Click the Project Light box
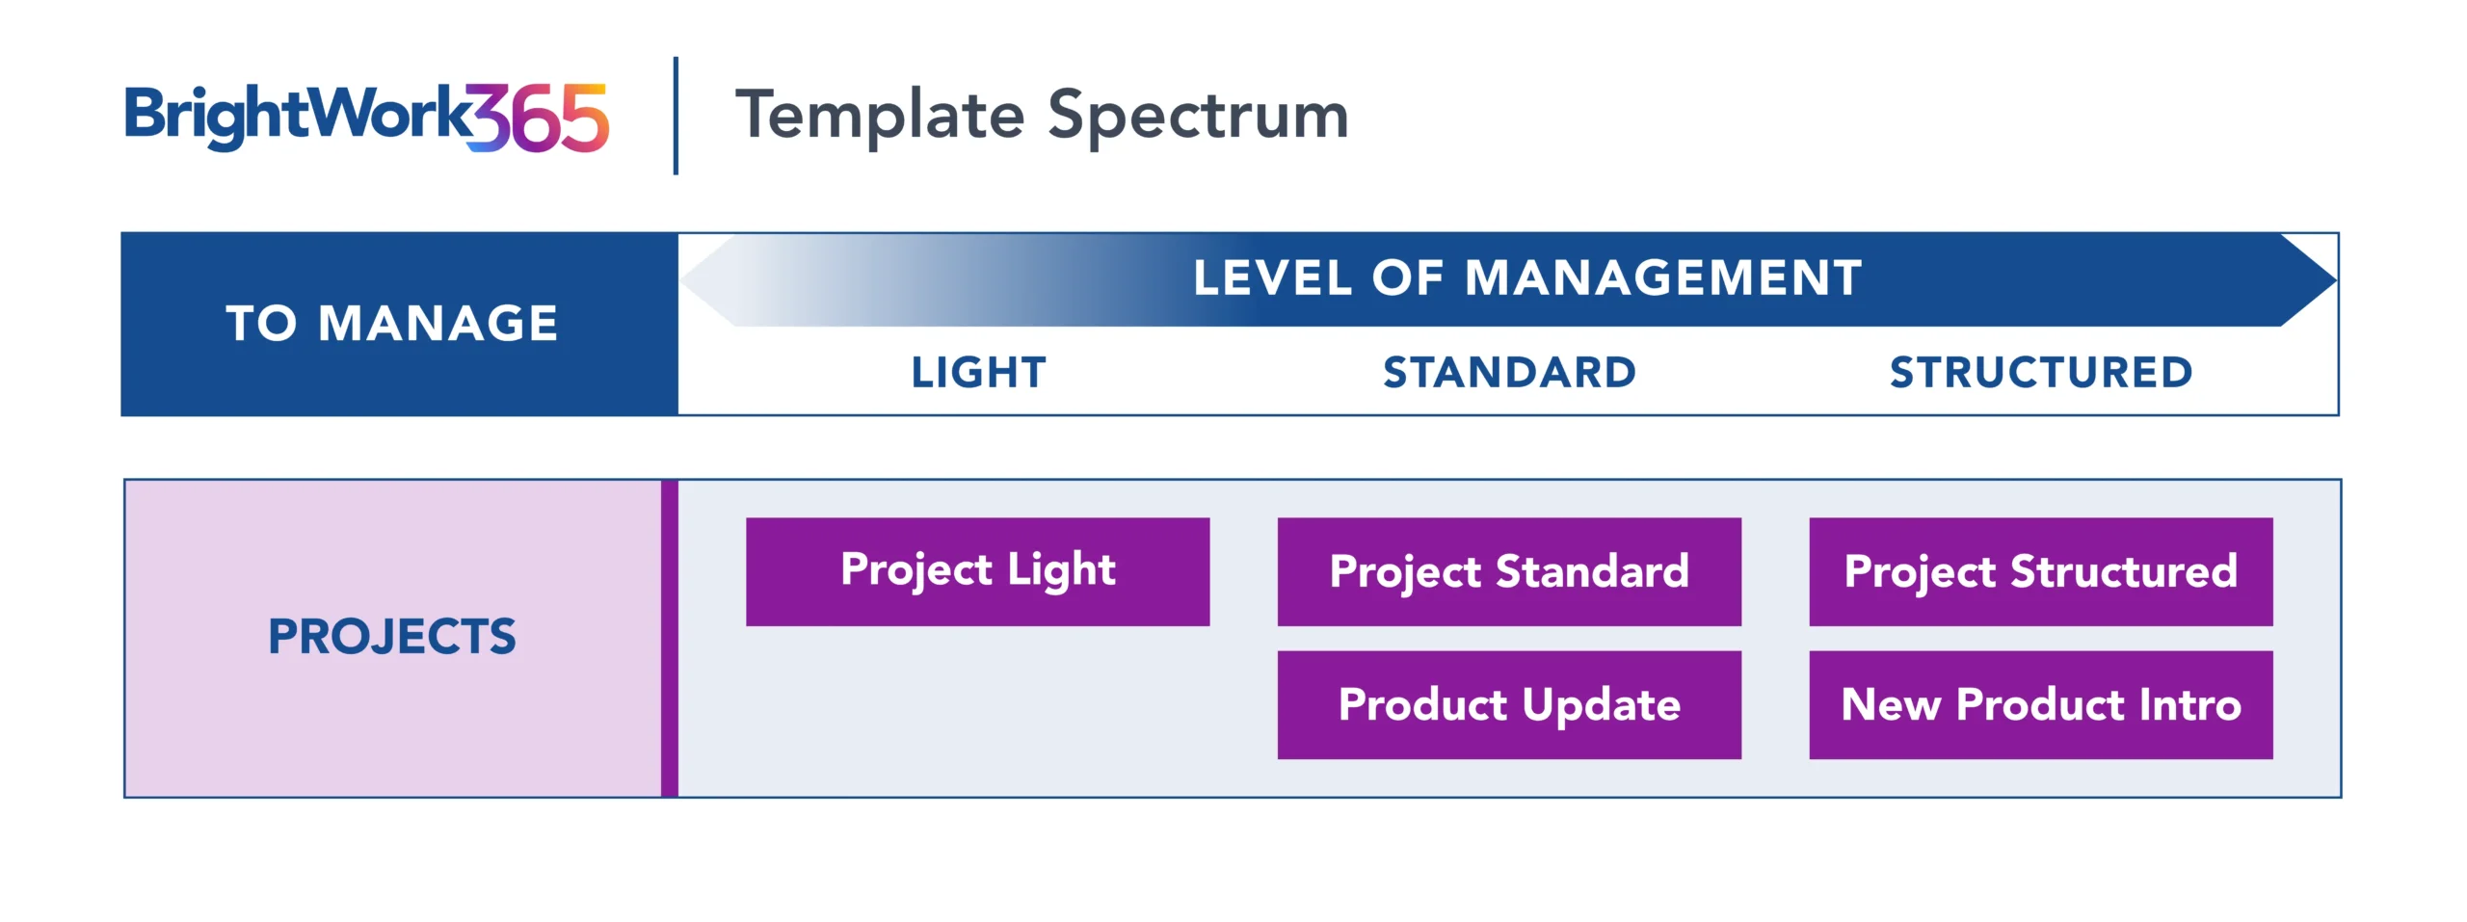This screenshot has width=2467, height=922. (x=977, y=571)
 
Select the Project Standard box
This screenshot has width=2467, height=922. (x=1509, y=571)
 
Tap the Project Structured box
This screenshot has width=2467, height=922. (x=2041, y=571)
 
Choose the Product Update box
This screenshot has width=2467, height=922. (x=1509, y=704)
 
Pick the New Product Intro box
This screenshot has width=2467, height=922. (x=2041, y=704)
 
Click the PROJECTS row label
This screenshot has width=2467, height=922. (x=392, y=637)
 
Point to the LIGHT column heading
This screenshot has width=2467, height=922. (x=979, y=373)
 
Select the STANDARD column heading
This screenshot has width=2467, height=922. (x=1510, y=373)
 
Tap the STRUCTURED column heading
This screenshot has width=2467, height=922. (x=2041, y=373)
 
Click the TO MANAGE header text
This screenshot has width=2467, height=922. (x=392, y=323)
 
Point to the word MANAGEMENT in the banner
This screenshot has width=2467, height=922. (x=1663, y=278)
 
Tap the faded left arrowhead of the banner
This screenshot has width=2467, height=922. (x=709, y=279)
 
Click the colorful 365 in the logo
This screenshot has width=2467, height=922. (x=538, y=118)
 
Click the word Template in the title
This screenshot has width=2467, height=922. (x=880, y=116)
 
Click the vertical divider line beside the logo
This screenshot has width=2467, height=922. (x=676, y=116)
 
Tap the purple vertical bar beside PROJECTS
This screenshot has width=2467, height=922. (x=670, y=638)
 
